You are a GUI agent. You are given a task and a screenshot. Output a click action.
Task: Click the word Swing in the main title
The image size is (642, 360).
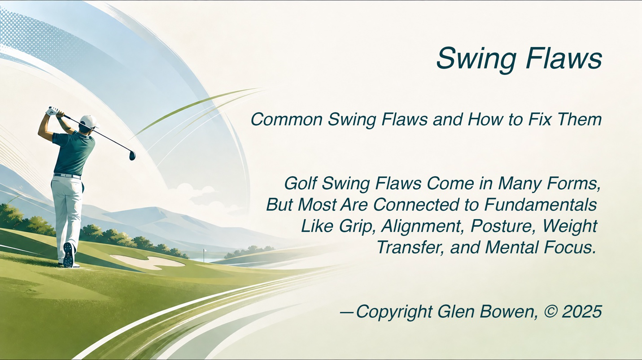click(x=476, y=59)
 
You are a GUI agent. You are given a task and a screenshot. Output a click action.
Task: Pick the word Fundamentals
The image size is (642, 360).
click(x=541, y=205)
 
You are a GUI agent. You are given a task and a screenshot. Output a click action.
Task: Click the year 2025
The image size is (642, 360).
click(x=582, y=312)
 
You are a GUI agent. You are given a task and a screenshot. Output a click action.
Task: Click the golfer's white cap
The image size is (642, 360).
click(x=89, y=121)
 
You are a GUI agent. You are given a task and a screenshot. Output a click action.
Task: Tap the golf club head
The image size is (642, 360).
click(x=132, y=155)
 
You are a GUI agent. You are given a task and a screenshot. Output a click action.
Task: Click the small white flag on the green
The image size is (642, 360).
click(x=205, y=251)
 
